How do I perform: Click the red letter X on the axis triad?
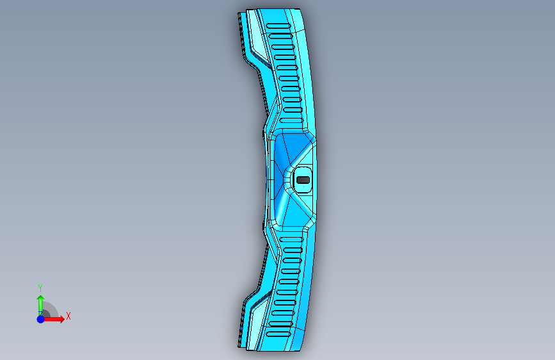coord(68,316)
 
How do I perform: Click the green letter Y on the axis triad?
coord(40,288)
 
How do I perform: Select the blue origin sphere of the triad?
coord(41,319)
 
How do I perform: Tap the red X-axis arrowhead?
coord(61,319)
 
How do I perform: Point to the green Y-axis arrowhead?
coord(41,299)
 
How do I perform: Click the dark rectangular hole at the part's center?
coord(303,180)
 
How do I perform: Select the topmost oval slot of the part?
coord(278,26)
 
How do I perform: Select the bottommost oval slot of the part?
coord(278,334)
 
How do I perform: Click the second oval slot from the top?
coord(280,36)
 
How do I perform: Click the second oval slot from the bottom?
coord(281,323)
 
